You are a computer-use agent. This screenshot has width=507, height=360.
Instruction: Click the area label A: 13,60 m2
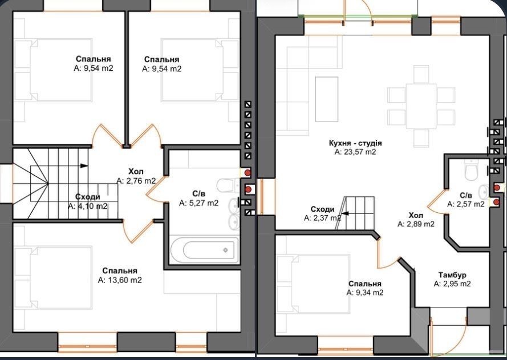tap(120, 280)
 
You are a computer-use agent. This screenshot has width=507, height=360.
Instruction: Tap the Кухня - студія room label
tap(355, 143)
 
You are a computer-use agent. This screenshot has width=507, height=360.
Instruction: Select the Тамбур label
tap(452, 275)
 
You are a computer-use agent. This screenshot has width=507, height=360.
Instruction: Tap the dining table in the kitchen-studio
tap(421, 106)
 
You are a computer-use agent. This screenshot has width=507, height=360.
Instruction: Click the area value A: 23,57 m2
tap(355, 152)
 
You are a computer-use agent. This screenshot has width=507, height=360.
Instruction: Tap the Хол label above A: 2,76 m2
tap(136, 171)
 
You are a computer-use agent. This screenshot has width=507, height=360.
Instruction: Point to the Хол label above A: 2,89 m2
tap(416, 215)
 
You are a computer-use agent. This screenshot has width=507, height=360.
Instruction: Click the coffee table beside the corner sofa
tap(327, 99)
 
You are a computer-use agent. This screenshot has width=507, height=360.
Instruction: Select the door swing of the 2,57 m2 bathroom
tap(436, 202)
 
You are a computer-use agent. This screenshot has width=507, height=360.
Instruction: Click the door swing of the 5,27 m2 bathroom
tap(156, 189)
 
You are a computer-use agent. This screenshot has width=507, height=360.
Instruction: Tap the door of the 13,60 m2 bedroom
tap(138, 230)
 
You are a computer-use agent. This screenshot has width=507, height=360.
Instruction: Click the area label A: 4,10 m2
tap(88, 206)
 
